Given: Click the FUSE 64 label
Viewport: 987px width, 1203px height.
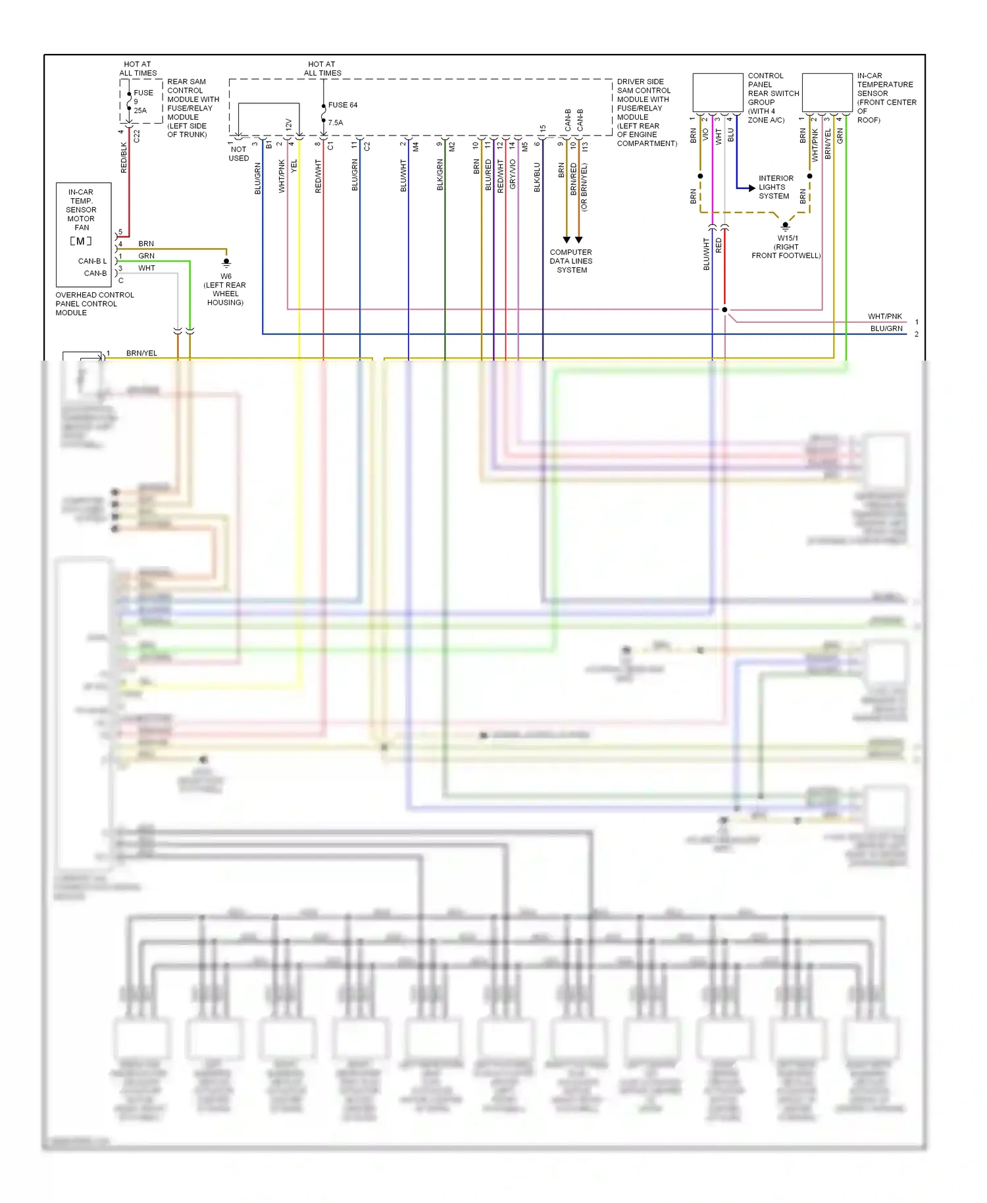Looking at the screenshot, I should point(342,105).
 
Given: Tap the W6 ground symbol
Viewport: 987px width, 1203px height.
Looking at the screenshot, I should point(226,263).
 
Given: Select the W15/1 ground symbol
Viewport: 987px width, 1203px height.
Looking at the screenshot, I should point(785,226).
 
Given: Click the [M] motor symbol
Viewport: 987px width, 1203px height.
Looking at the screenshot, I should point(81,242).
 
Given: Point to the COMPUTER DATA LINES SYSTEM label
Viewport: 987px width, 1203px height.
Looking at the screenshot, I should point(570,261).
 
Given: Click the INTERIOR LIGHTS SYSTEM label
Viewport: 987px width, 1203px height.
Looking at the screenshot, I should point(775,188).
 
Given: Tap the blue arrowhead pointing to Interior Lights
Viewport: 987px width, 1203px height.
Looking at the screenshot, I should point(751,188).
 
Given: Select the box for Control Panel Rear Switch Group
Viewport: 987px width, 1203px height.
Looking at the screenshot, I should point(718,93).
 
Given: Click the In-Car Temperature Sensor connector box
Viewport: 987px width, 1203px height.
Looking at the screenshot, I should point(827,93).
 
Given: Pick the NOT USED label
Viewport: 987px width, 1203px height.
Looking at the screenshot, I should point(238,154).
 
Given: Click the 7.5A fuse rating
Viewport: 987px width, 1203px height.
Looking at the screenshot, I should point(336,123).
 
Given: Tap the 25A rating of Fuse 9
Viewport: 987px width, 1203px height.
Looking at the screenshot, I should point(140,111).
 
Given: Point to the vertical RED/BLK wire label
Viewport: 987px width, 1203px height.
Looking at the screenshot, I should point(124,158).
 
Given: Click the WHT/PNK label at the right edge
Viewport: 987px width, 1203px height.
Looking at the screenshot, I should point(884,317).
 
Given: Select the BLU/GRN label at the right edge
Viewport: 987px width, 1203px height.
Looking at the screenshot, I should point(886,328).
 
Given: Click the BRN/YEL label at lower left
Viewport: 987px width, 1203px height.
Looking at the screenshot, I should point(141,353).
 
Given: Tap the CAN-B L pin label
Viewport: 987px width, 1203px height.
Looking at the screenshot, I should point(92,261).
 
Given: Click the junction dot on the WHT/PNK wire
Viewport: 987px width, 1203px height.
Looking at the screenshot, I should point(724,309).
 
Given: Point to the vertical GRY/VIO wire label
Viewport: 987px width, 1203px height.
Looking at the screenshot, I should point(513,175).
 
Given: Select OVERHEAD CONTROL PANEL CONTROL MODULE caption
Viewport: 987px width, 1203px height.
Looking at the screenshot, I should point(94,304).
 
